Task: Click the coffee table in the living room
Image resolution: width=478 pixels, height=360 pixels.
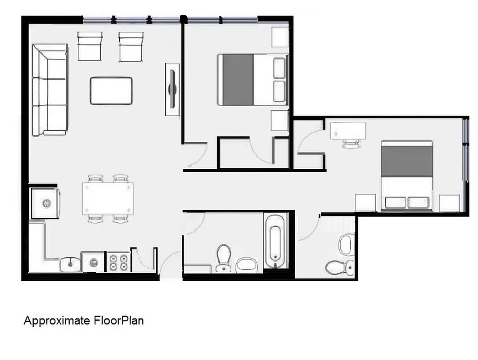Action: (111, 90)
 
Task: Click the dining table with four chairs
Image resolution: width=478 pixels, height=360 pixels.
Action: (108, 198)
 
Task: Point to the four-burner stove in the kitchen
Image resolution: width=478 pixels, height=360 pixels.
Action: (118, 262)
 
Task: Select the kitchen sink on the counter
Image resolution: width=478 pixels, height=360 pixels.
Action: (70, 264)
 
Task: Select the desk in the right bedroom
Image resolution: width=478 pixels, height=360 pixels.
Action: (347, 130)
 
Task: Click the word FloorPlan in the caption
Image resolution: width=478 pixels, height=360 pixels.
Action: (119, 321)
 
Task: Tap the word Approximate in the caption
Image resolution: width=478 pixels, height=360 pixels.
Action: (57, 321)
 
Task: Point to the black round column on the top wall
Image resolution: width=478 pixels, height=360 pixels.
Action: (183, 19)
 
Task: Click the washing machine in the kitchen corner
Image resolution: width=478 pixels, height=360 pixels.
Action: (46, 203)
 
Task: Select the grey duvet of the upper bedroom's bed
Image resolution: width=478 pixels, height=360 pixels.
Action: (238, 80)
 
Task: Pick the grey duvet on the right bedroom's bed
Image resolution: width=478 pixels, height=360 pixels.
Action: (406, 161)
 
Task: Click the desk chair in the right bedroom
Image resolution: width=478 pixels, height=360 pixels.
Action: (351, 143)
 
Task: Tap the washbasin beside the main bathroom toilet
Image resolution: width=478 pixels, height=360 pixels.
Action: (246, 265)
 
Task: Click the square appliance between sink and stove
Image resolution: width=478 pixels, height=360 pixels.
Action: (93, 262)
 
